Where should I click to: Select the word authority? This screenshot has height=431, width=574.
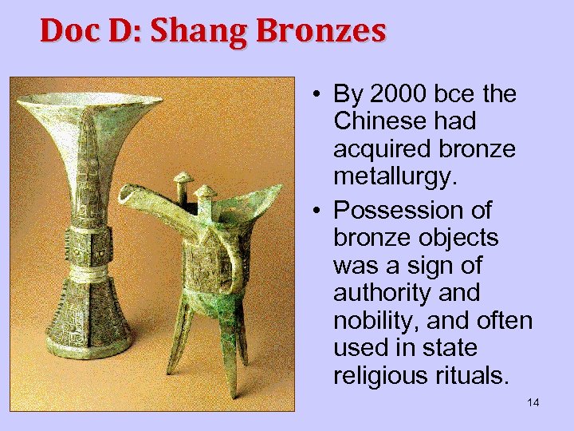(x=377, y=293)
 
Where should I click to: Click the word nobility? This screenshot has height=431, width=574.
(x=373, y=320)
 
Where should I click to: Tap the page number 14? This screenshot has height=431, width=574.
(x=533, y=402)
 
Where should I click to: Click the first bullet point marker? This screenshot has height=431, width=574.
(x=317, y=95)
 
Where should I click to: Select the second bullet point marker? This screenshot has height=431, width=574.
(x=317, y=211)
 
